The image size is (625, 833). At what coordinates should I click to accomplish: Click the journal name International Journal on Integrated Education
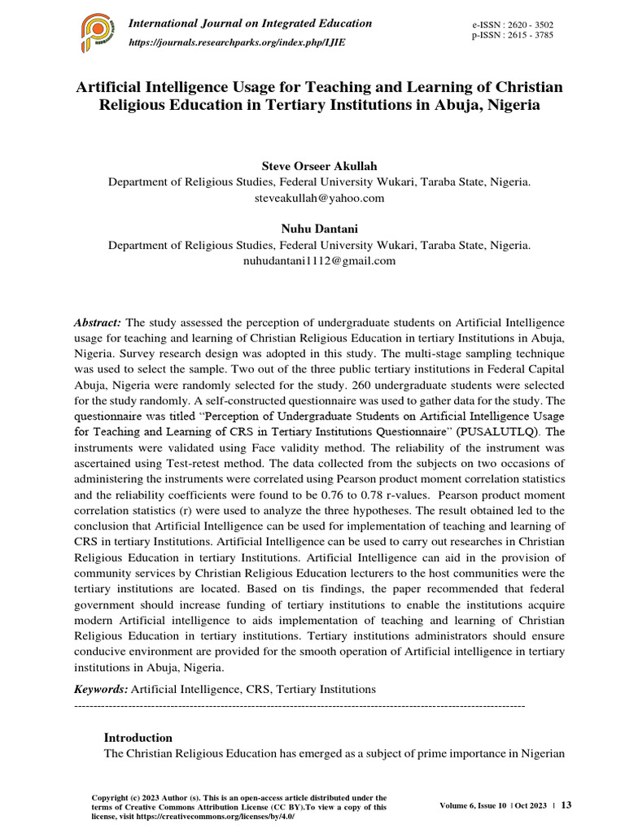tap(251, 24)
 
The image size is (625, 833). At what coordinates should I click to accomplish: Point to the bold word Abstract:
tap(98, 323)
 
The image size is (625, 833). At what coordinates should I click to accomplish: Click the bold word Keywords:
tap(101, 689)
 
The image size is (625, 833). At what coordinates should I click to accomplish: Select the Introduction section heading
tap(138, 737)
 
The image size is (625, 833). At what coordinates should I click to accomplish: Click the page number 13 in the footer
tap(566, 805)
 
